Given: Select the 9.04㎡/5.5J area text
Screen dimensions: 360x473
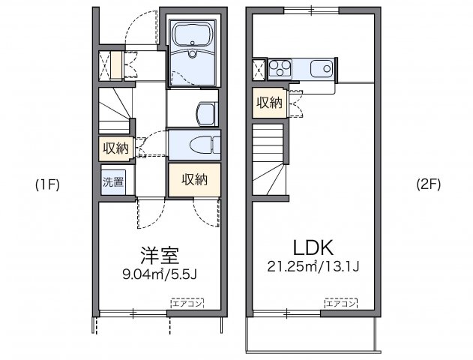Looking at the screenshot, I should (x=159, y=274).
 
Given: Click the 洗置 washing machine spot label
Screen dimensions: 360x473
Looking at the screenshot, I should (x=113, y=181).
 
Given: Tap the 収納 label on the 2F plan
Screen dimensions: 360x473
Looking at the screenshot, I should (x=270, y=103).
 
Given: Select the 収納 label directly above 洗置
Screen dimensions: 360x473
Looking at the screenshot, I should (x=115, y=148).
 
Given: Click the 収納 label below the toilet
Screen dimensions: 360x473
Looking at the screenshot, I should (x=193, y=179).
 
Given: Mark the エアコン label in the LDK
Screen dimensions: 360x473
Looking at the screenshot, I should (x=340, y=303).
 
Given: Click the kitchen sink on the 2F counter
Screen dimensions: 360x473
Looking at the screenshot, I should (x=324, y=69).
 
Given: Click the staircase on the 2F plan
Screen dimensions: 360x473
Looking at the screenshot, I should (x=268, y=162).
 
